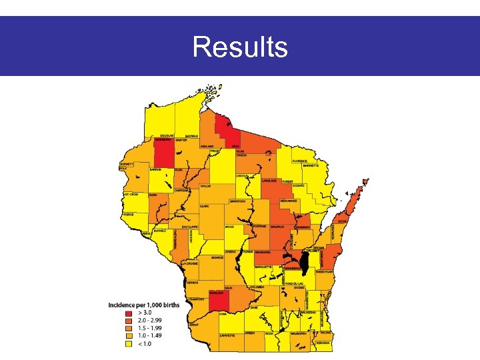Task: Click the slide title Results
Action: click(240, 47)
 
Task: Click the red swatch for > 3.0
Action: click(129, 311)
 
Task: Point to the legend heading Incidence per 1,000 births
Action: click(143, 305)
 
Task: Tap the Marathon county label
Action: click(237, 201)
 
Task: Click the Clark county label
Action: click(205, 207)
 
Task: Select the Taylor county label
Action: click(205, 187)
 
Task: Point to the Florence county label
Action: click(301, 161)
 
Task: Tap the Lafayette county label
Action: click(227, 336)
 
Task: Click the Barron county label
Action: click(155, 170)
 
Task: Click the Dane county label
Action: click(254, 307)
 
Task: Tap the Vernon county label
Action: click(193, 283)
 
